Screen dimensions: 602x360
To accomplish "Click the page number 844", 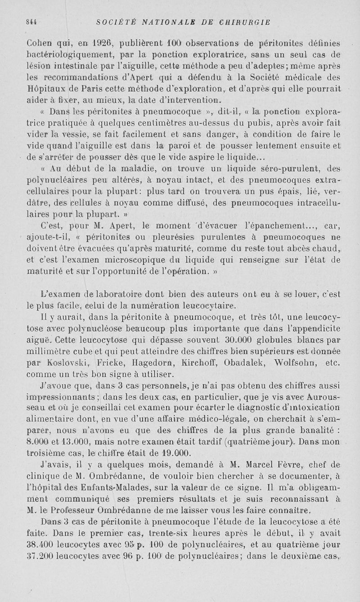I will [x=31, y=22].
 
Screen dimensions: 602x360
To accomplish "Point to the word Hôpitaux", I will [x=46, y=88].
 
